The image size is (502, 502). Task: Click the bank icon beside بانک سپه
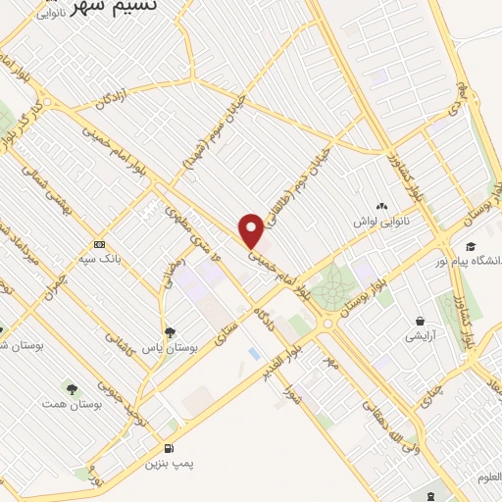[99, 244]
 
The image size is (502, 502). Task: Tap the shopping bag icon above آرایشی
[421, 322]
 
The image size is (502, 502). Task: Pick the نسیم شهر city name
[150, 7]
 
